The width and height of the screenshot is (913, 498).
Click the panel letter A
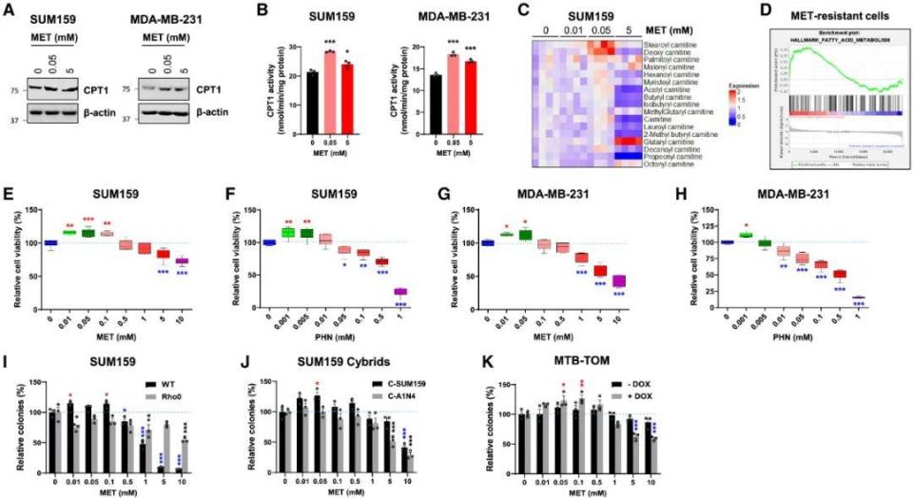[10, 10]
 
